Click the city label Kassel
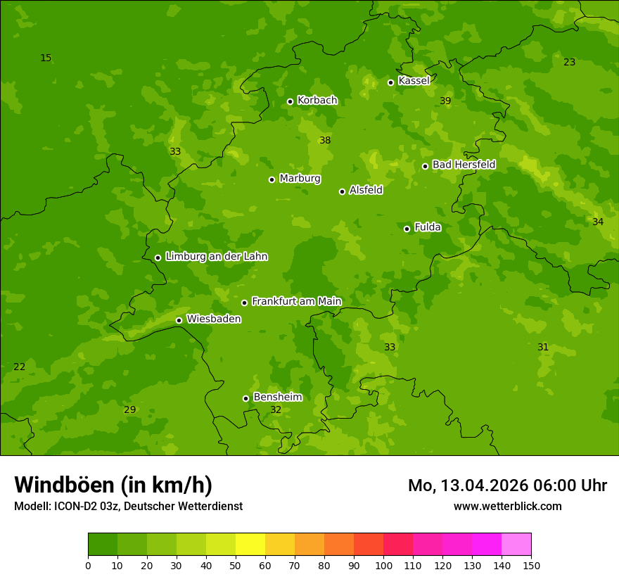pos(414,81)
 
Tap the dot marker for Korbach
pos(290,101)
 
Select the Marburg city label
pos(300,179)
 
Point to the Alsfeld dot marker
pos(342,191)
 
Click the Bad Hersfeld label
pos(464,165)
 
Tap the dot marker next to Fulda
pos(407,229)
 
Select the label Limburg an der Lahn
pos(216,257)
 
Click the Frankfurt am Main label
pos(296,302)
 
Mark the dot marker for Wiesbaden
pos(179,320)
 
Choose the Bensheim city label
pos(277,398)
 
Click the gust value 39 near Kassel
pos(445,101)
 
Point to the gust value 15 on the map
pos(46,58)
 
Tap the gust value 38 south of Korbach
pos(325,141)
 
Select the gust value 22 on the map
pos(20,367)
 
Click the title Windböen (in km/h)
pos(113,485)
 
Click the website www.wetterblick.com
pos(507,507)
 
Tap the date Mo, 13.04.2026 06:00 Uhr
pos(507,485)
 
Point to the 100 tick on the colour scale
pos(383,566)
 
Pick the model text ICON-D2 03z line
pos(128,507)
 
